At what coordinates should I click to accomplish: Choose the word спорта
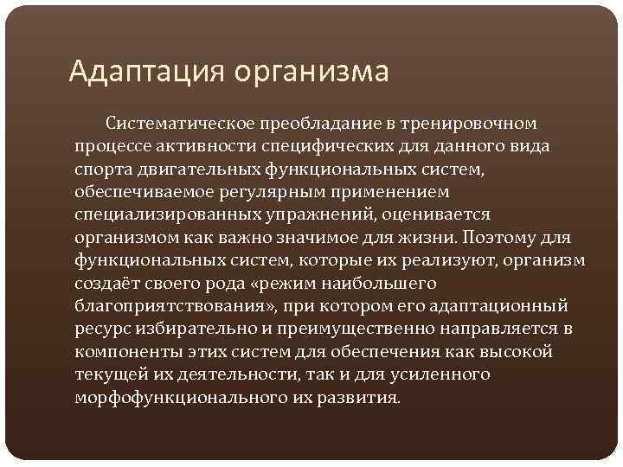tap(100, 169)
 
